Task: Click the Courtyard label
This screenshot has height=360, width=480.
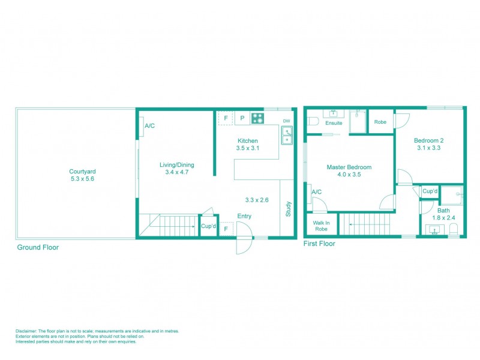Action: click(x=82, y=171)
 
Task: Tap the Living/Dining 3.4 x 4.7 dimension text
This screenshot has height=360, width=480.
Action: click(x=176, y=172)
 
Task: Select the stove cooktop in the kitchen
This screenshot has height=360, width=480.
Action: click(x=257, y=118)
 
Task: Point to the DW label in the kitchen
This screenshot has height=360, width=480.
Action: click(x=286, y=120)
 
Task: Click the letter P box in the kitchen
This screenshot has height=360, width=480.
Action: click(x=242, y=118)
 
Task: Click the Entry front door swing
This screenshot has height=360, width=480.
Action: click(x=244, y=238)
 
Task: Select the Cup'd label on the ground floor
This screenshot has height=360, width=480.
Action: click(x=208, y=226)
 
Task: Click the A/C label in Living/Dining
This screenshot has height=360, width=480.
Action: click(x=150, y=126)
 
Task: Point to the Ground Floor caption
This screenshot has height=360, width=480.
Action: click(x=38, y=247)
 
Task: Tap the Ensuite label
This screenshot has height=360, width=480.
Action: click(x=334, y=123)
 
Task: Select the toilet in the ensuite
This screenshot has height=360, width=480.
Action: click(x=312, y=121)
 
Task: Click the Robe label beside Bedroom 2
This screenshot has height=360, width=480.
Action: click(x=380, y=122)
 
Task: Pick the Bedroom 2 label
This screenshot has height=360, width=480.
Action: click(x=428, y=140)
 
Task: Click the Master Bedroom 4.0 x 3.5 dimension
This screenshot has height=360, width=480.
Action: click(x=349, y=175)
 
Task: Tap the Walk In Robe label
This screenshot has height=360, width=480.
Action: click(x=321, y=225)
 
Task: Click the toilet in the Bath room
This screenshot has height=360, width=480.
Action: click(x=454, y=229)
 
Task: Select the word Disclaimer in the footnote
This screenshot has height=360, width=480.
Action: click(x=26, y=331)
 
